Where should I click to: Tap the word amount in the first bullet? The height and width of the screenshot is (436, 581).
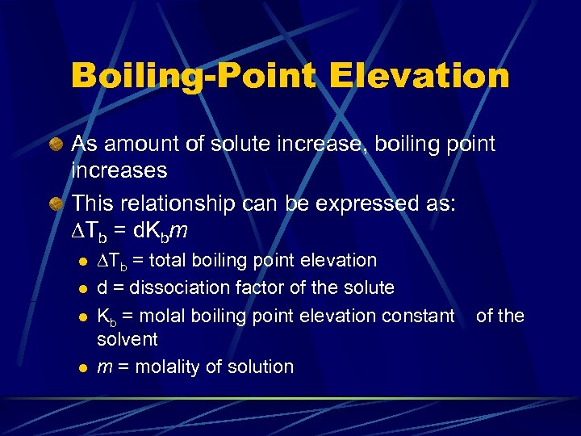[x=142, y=145]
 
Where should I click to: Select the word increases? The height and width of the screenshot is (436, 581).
[x=119, y=170]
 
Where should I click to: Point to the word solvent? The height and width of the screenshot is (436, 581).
[x=127, y=339]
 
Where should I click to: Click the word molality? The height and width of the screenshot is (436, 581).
[x=167, y=367]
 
